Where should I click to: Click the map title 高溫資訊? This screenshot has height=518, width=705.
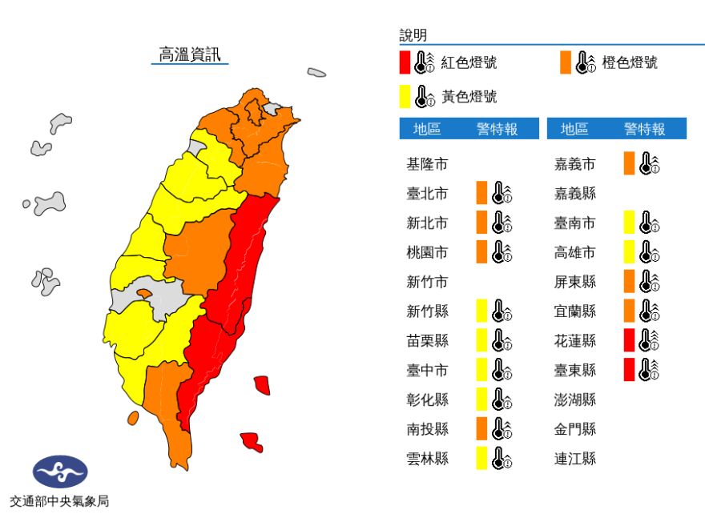point(190,54)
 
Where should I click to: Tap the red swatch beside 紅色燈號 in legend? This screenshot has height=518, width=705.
point(405,62)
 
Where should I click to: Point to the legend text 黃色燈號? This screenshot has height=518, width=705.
point(469,97)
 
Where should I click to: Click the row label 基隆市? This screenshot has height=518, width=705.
point(427,164)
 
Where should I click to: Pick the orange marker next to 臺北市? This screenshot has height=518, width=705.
point(481,193)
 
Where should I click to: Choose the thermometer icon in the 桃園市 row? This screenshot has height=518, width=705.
point(502,252)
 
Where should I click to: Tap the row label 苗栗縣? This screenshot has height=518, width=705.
point(427,340)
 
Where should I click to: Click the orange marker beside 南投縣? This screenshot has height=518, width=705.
point(481,428)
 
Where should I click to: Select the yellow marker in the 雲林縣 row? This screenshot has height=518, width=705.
point(481,458)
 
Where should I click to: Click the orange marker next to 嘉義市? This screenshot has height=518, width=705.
point(630,163)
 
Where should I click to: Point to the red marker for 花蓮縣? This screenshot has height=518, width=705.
point(630,340)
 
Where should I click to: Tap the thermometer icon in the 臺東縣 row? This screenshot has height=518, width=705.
point(649,370)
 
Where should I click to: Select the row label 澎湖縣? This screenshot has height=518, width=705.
point(575,399)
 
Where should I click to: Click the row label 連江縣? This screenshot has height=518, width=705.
point(575,458)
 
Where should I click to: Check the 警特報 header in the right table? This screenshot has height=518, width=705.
point(644,129)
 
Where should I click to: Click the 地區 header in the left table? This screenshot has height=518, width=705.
point(427,129)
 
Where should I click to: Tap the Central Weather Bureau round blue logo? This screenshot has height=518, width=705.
point(59,472)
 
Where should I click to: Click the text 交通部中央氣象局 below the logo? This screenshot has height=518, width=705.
point(59,502)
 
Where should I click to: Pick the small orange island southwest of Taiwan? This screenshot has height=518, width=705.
point(133,418)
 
